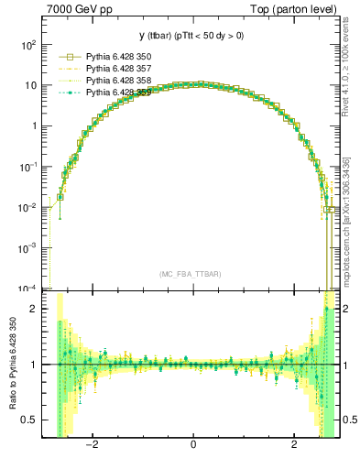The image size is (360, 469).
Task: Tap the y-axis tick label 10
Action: coord(32,85)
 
